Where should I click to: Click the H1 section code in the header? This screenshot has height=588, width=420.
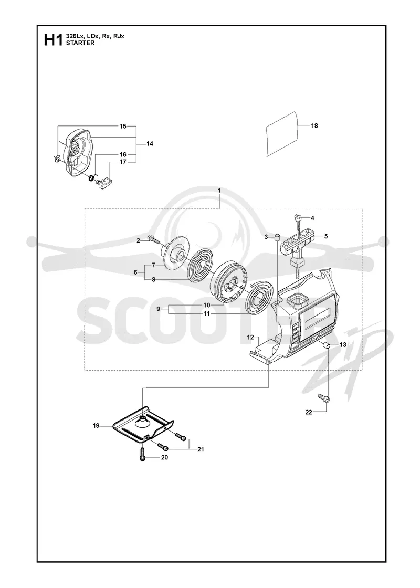[x=53, y=40]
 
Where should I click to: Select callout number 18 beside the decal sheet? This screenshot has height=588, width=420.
[x=314, y=125]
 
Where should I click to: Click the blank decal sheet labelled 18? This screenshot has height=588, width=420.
[x=282, y=134]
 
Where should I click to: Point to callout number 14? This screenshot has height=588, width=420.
[x=150, y=144]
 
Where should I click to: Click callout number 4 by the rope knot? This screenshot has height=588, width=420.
[x=312, y=218]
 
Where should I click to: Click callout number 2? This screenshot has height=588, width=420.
[x=138, y=241]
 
